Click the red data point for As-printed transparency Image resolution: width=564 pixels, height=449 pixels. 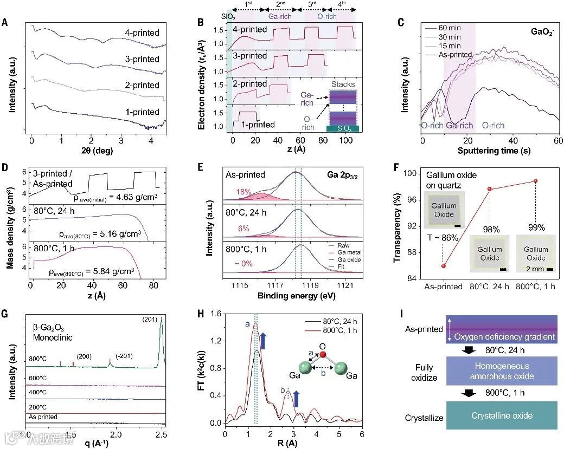click(x=444, y=265)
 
